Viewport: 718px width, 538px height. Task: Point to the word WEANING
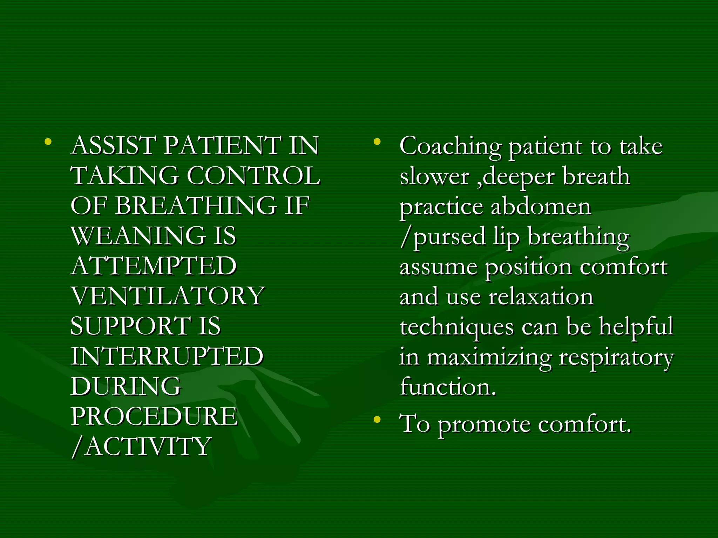coord(138,236)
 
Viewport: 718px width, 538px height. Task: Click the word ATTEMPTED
coord(154,266)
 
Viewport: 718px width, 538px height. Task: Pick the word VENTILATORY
coord(168,296)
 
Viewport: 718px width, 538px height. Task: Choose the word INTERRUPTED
coord(167,356)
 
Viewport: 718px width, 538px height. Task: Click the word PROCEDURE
coord(154,416)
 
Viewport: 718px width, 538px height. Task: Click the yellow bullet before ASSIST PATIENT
coord(48,142)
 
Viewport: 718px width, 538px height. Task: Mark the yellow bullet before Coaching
coord(377,142)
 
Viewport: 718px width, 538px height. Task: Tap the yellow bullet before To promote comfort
coord(377,420)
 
